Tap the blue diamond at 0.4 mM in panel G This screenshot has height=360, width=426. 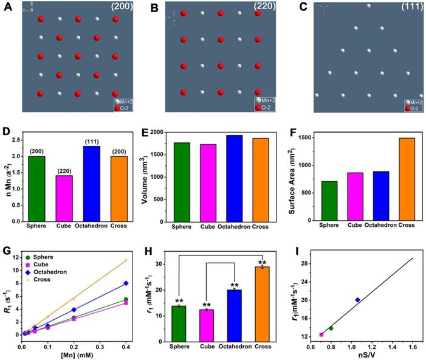pyautogui.click(x=126, y=283)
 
